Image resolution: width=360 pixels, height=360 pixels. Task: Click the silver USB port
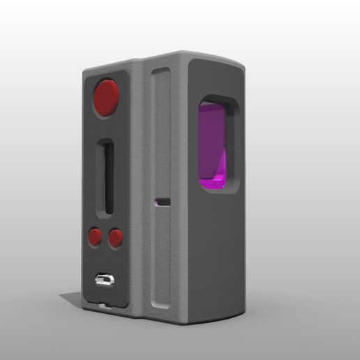point(105,280)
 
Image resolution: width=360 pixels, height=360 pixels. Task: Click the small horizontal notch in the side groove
point(163,202)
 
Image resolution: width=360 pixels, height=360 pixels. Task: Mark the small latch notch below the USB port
point(105,305)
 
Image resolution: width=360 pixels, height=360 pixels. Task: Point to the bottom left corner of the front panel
point(84,307)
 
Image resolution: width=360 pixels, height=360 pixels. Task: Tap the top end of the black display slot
point(106,142)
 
